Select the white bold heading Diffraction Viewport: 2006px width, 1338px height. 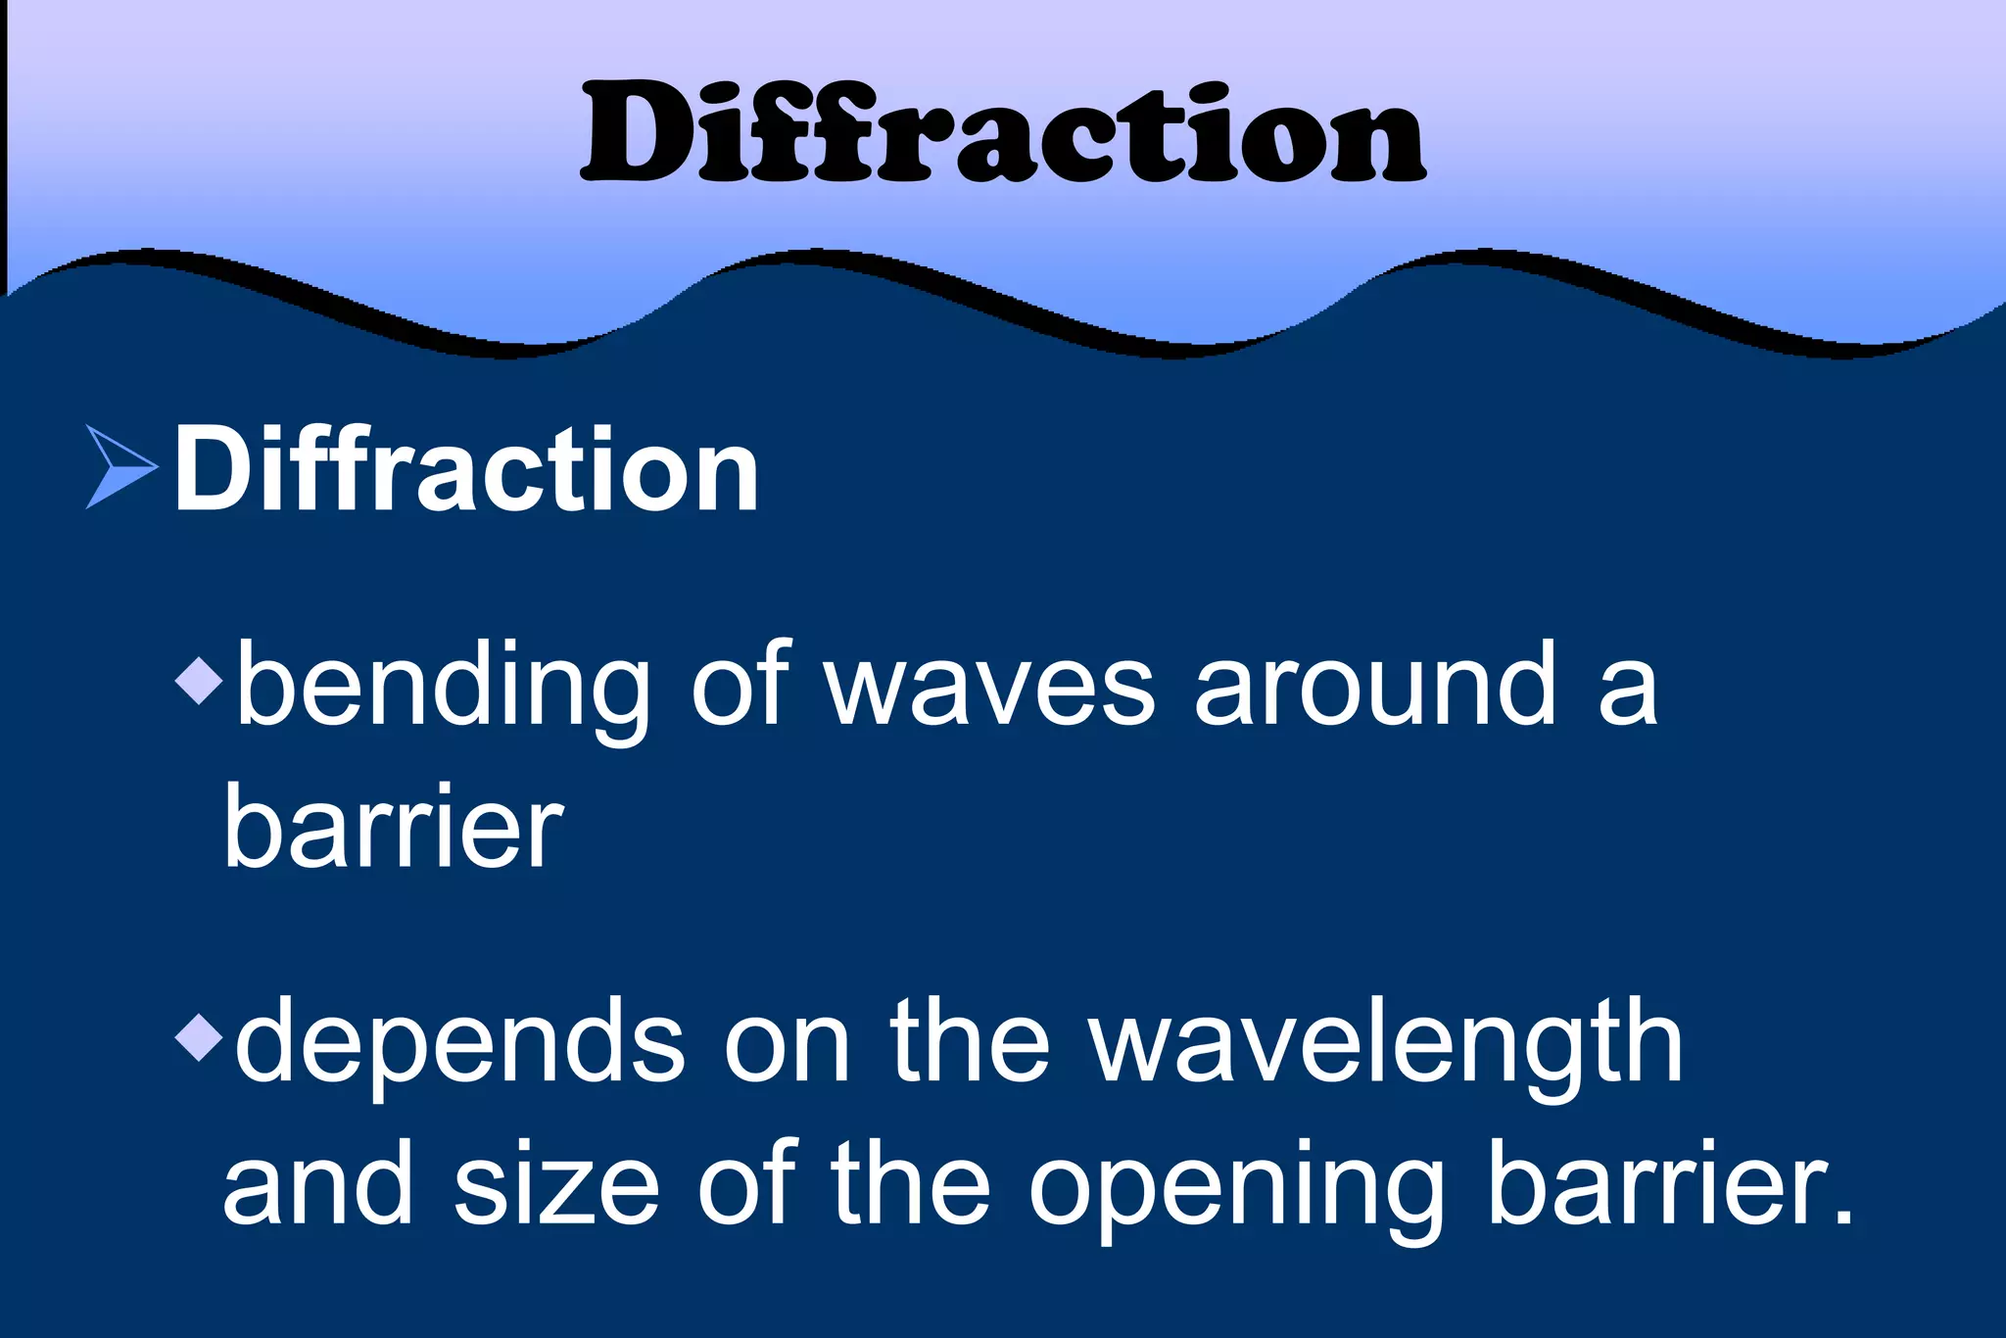coord(466,470)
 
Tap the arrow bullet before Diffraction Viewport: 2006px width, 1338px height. coord(120,467)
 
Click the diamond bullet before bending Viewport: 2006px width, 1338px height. coord(200,680)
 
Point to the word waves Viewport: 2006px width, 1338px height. coord(990,686)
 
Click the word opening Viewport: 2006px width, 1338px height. coord(1237,1187)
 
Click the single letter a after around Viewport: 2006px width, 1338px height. coord(1627,691)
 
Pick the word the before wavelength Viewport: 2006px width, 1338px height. coord(970,1043)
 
